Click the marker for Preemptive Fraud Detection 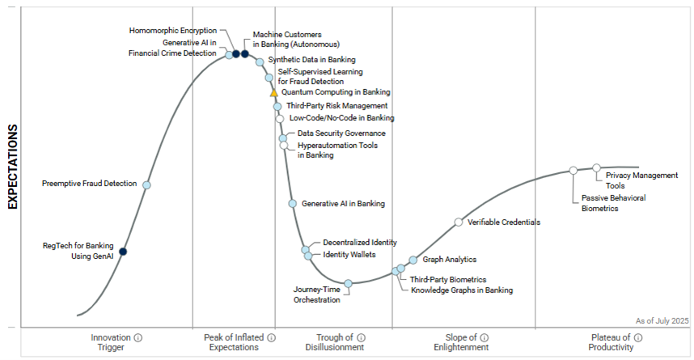pos(146,184)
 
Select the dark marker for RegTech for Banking pos(123,252)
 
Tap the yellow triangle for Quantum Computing pos(274,93)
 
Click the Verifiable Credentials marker pos(459,222)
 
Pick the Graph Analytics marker pos(413,260)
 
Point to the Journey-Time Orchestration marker pos(349,283)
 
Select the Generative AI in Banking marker pos(293,203)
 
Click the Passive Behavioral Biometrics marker pos(573,170)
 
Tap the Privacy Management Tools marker pos(597,167)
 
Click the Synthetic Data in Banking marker pos(260,61)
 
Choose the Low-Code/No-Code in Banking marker pos(280,118)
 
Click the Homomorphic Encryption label pos(173,31)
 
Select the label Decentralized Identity pos(360,242)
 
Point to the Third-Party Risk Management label pos(337,106)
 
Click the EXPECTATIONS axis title pos(13,167)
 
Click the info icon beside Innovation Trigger pos(138,337)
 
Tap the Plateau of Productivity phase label pos(611,342)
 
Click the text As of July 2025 pos(662,321)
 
